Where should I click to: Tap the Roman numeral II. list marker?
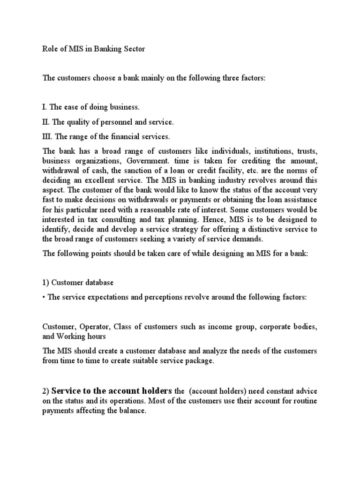point(46,122)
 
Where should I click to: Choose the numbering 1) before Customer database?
point(46,283)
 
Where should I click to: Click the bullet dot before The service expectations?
point(44,299)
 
